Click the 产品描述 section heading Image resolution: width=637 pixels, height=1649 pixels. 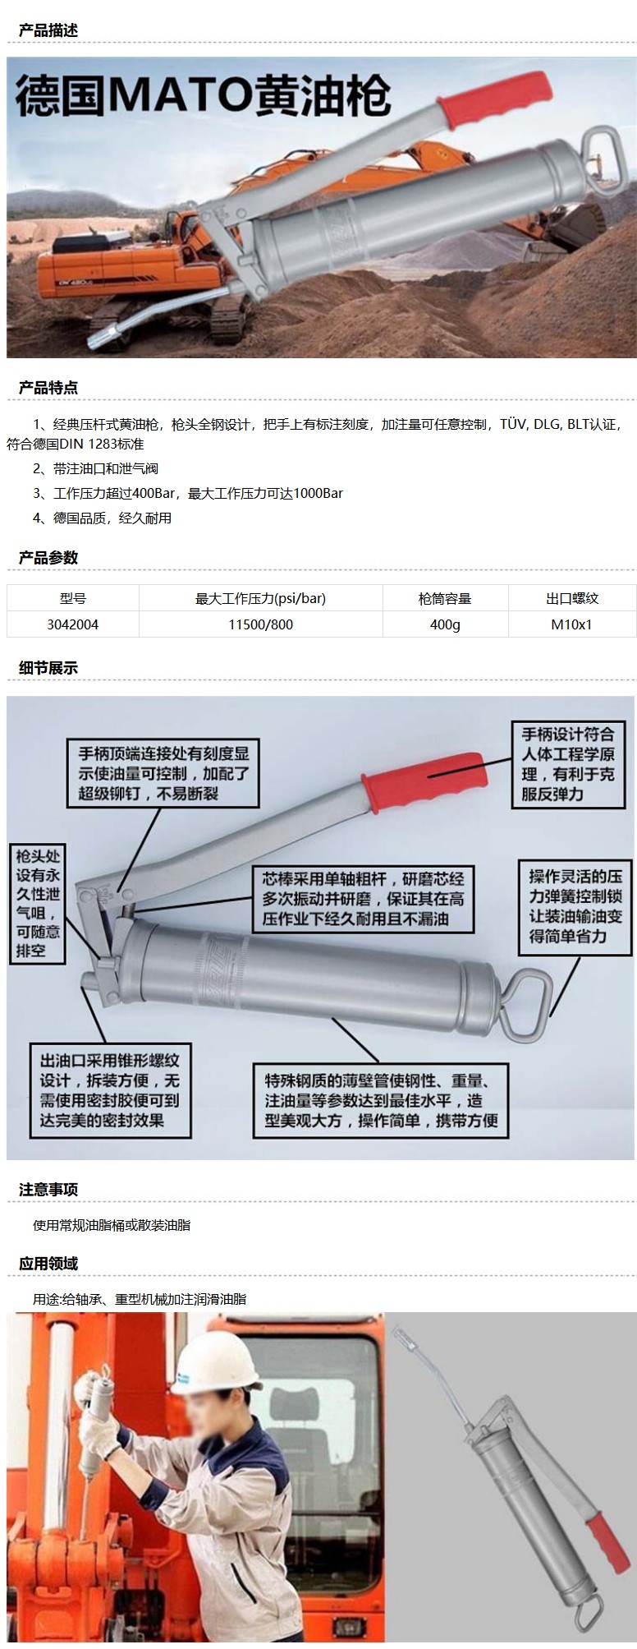(48, 30)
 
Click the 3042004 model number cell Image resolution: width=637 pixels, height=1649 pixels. (73, 624)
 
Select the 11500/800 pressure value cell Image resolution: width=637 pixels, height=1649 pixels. (260, 624)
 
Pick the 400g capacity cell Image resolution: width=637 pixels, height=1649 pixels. (445, 624)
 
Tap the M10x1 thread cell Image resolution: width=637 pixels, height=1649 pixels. (571, 624)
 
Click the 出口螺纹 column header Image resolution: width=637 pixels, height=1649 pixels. (572, 598)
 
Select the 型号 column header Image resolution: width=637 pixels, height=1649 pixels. (73, 598)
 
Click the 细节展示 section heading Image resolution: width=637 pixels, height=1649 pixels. (48, 668)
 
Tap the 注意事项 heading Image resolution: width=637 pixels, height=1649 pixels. (48, 1190)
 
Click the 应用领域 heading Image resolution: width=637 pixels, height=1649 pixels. (48, 1264)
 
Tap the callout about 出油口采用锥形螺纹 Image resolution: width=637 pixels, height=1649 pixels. (110, 1090)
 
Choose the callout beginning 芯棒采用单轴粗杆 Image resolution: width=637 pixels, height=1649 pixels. (363, 899)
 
